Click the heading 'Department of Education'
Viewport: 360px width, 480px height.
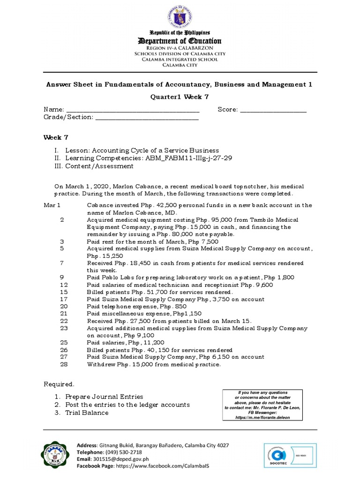180,41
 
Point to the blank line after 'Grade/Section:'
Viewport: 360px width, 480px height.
147,118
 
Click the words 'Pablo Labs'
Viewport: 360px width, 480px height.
116,277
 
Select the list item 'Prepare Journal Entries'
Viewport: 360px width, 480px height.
104,397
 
